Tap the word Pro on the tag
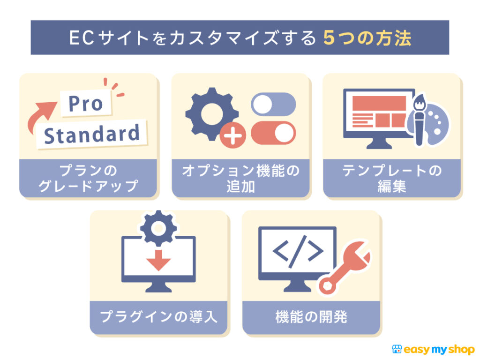pyautogui.click(x=86, y=103)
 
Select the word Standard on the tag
pyautogui.click(x=92, y=134)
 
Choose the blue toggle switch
pyautogui.click(x=273, y=104)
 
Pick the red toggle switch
pyautogui.click(x=273, y=133)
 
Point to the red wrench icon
pyautogui.click(x=345, y=272)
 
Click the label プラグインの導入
pyautogui.click(x=159, y=317)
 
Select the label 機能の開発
pyautogui.click(x=311, y=317)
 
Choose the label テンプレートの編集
pyautogui.click(x=392, y=178)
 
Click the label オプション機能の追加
pyautogui.click(x=240, y=178)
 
